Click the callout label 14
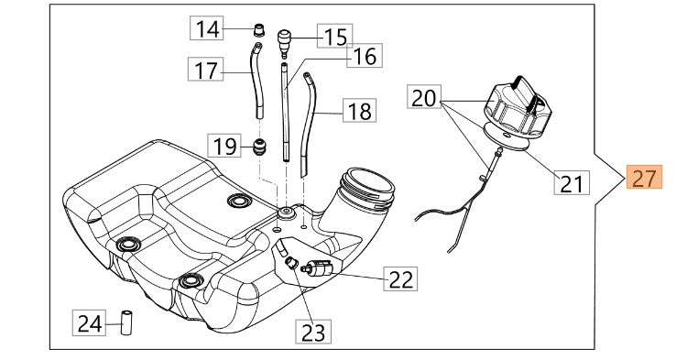click(x=208, y=29)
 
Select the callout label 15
click(x=336, y=38)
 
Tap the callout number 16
click(x=364, y=57)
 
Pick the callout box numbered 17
click(x=207, y=69)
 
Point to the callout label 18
click(x=360, y=112)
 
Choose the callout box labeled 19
click(x=225, y=146)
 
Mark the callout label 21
click(x=571, y=183)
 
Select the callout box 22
click(x=399, y=278)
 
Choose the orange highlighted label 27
click(x=645, y=178)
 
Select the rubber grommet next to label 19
click(x=260, y=146)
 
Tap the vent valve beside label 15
click(x=285, y=39)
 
